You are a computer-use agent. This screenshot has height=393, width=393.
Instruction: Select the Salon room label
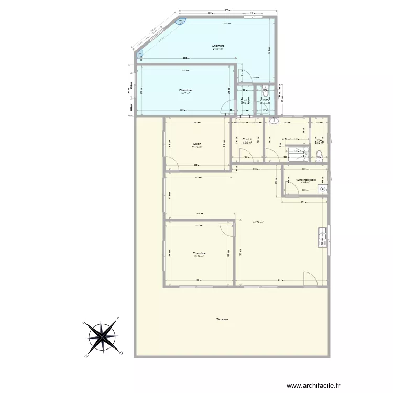click(x=198, y=145)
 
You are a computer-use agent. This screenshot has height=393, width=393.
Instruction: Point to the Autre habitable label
click(x=305, y=180)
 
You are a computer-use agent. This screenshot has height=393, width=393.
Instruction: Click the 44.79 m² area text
click(x=257, y=222)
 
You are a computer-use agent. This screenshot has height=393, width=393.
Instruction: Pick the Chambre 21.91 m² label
click(x=218, y=47)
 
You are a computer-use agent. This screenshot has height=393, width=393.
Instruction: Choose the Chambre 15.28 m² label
click(x=199, y=254)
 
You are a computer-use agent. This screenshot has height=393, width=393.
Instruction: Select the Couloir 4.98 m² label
click(x=247, y=140)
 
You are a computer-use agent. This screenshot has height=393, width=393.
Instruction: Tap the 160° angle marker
click(x=181, y=21)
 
